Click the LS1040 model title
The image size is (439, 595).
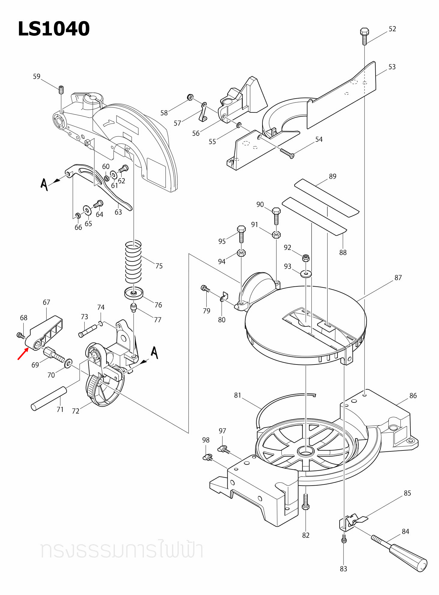(54, 29)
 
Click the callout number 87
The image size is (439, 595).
(398, 278)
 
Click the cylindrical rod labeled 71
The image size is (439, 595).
(49, 398)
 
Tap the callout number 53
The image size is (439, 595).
(392, 67)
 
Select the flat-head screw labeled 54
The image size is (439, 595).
(287, 153)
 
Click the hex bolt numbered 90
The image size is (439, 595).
(276, 215)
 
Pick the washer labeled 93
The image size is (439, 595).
(306, 274)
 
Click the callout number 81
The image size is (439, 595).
(238, 395)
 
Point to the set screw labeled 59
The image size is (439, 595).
(61, 90)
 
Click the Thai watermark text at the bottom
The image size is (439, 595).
(121, 550)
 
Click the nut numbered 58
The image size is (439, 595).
(190, 97)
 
